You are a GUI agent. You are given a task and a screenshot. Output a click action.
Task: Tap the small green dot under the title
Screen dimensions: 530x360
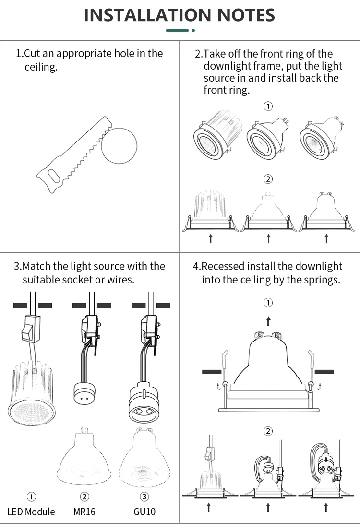coord(193,30)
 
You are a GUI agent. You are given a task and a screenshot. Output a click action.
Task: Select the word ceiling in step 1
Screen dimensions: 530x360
coord(40,67)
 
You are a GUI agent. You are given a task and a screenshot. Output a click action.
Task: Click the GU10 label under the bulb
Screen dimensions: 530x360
coord(144,512)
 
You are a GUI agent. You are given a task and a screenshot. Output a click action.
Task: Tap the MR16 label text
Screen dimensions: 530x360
coord(84,512)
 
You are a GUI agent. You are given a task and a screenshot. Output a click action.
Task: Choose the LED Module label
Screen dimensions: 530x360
coord(31,512)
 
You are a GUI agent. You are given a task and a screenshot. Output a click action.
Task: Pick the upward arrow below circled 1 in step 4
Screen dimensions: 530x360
coord(268,320)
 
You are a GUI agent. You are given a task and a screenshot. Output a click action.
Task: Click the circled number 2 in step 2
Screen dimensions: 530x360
coord(268,179)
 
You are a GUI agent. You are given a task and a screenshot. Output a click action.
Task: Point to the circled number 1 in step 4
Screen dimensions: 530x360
coord(268,303)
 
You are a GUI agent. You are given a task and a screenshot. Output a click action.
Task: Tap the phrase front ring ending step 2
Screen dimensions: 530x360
coord(226,90)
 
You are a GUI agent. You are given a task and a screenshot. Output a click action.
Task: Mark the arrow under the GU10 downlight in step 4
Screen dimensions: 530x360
coord(326,507)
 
